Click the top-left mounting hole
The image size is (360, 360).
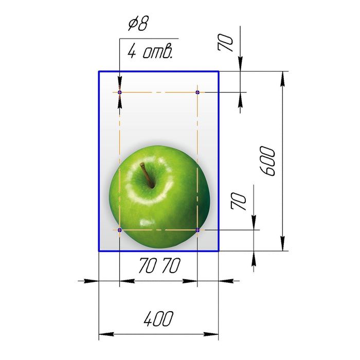coord(120,92)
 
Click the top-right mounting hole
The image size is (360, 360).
coord(197,92)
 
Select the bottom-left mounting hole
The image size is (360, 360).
coord(120,229)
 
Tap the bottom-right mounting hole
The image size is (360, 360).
coord(197,229)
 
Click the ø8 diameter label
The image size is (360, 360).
coord(139,24)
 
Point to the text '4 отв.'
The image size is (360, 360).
coord(150,51)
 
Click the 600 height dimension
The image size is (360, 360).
coord(267,161)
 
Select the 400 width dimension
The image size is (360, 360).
coord(158,319)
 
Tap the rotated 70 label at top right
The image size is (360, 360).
coord(225,43)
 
